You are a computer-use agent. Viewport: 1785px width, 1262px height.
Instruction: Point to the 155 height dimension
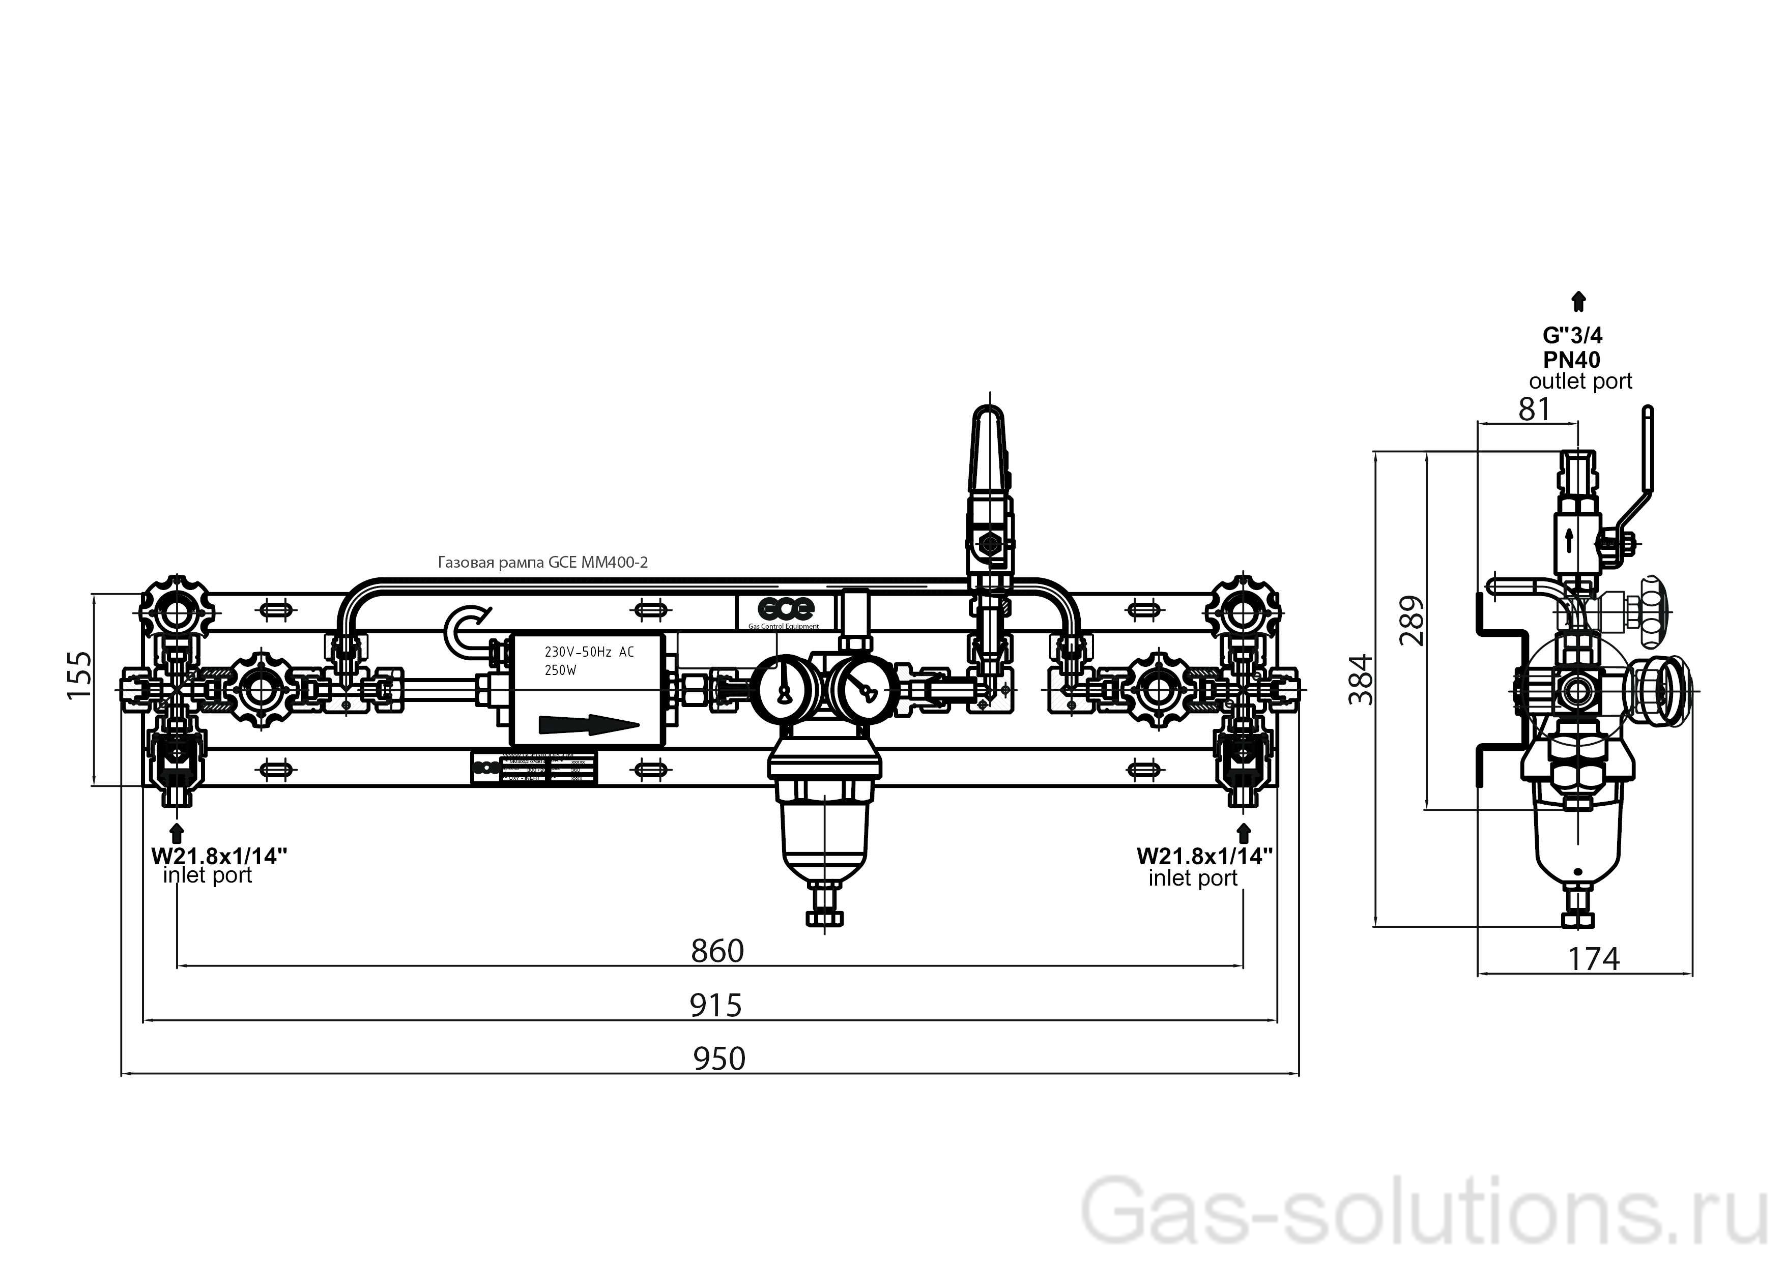(x=80, y=674)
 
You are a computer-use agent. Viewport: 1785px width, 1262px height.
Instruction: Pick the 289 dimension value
(x=1413, y=620)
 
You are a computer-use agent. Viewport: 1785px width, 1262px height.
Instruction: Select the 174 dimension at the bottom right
(x=1593, y=959)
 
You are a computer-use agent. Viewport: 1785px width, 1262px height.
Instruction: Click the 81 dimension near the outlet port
(x=1534, y=409)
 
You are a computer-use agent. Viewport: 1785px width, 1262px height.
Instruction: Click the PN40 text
(x=1572, y=360)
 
